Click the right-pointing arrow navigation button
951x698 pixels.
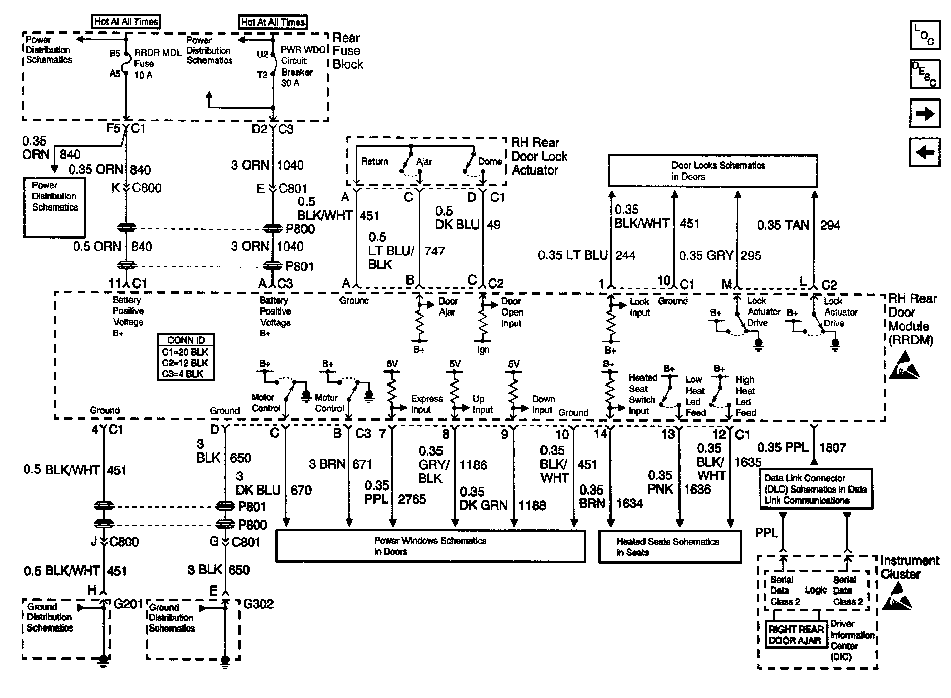tap(925, 113)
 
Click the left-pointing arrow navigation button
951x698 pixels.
tap(925, 152)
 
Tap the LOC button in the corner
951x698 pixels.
tap(925, 35)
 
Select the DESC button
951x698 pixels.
tap(925, 74)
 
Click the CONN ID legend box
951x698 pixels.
tap(185, 357)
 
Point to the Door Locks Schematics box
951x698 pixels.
tap(712, 171)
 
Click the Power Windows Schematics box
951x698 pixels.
tap(430, 546)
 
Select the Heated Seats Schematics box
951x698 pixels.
tap(670, 547)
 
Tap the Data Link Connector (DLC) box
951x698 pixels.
tap(815, 489)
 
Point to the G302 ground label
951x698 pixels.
tap(258, 604)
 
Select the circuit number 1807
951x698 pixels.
tap(833, 447)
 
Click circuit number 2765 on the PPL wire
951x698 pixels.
tap(412, 499)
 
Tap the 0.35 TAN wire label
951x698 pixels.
tap(783, 225)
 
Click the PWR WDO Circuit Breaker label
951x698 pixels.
tap(301, 66)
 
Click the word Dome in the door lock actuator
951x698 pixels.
tap(490, 161)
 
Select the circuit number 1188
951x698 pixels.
tap(532, 505)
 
